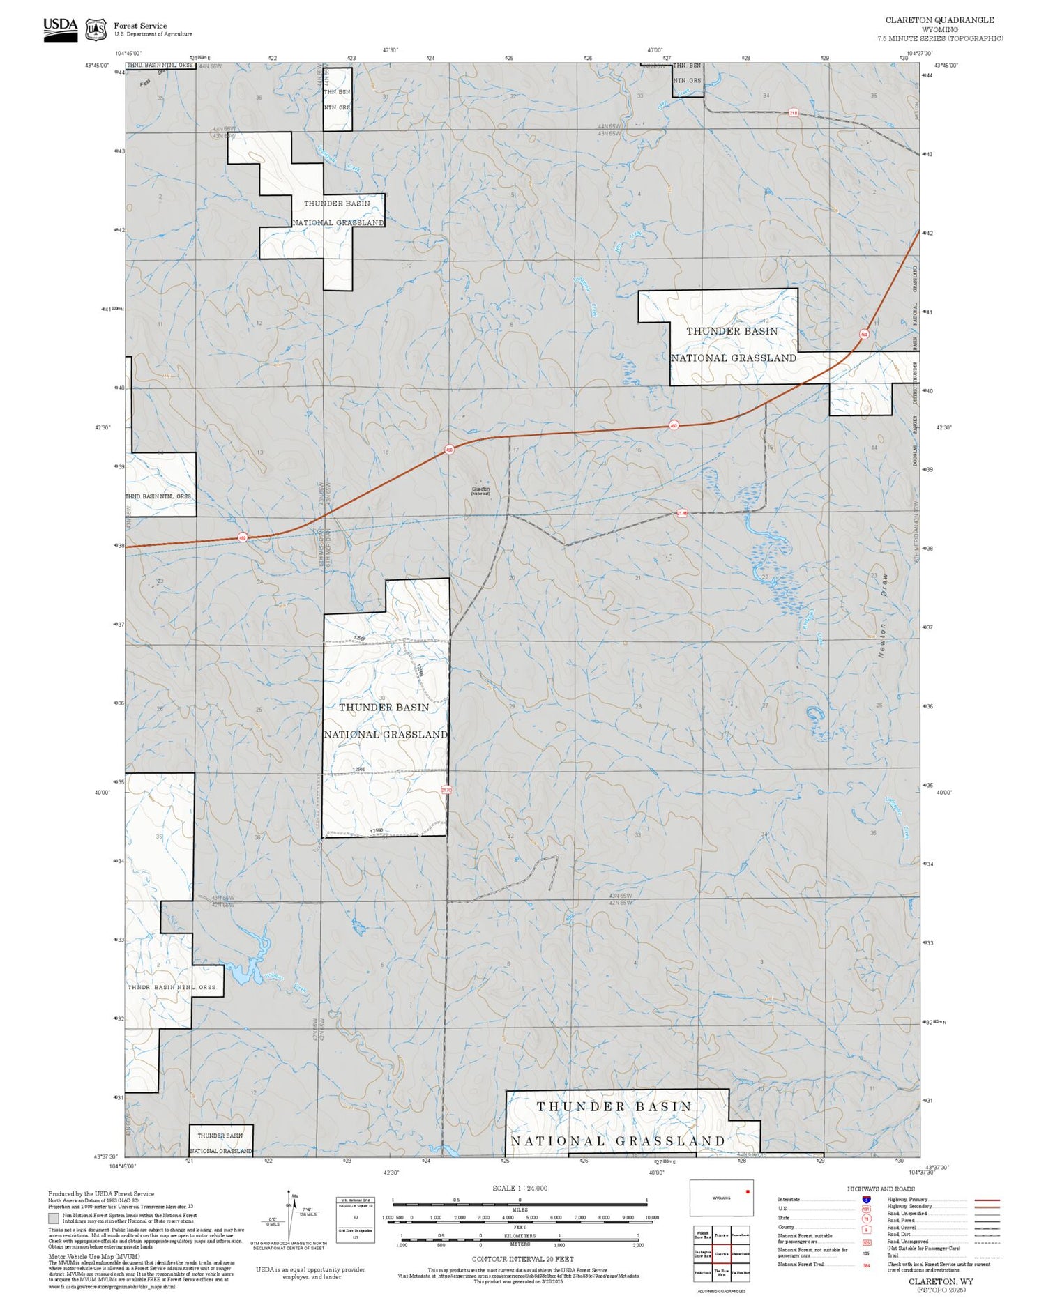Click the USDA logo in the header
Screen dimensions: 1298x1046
(x=60, y=29)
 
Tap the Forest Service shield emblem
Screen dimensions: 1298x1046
(x=96, y=30)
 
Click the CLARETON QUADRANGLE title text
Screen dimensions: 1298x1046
(x=939, y=20)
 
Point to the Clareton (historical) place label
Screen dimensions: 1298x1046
(x=480, y=491)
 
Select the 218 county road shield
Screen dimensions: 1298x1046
(x=793, y=112)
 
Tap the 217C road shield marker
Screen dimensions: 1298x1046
(x=446, y=790)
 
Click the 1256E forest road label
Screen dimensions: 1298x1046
(x=358, y=769)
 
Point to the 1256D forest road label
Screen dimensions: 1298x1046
(x=376, y=830)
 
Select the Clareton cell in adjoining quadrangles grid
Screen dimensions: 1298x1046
(x=721, y=1253)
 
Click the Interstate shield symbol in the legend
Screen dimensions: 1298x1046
(x=866, y=1199)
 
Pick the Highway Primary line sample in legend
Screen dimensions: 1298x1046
(x=983, y=1200)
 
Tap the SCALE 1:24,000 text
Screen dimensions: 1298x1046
(x=520, y=1188)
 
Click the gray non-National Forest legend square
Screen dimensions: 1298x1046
(x=54, y=1218)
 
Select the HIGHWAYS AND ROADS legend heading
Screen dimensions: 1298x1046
(x=881, y=1189)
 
